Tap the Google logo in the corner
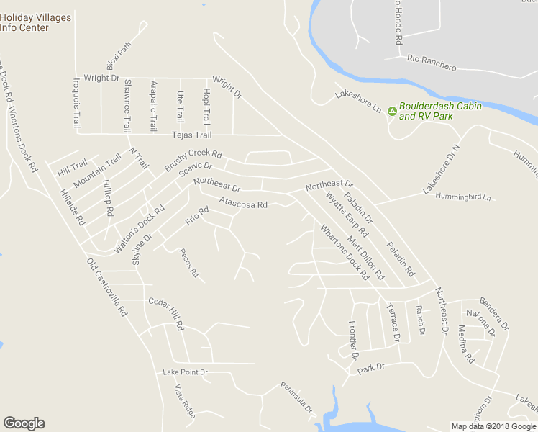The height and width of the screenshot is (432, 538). click(x=24, y=423)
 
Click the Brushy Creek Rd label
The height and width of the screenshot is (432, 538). click(x=193, y=160)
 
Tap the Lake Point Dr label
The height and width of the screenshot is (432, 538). click(x=185, y=372)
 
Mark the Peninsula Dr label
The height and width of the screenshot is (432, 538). click(x=297, y=397)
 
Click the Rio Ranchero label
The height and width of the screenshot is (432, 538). click(x=432, y=63)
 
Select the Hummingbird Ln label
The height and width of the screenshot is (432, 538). click(x=467, y=197)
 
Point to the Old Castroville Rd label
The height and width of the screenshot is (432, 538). click(x=106, y=288)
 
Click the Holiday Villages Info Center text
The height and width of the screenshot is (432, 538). click(x=35, y=22)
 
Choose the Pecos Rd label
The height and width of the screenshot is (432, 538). click(x=190, y=265)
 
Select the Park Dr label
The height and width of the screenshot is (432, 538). click(x=371, y=367)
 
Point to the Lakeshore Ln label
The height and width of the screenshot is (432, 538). click(x=357, y=102)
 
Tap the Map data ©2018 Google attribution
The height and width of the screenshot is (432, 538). click(x=493, y=426)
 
